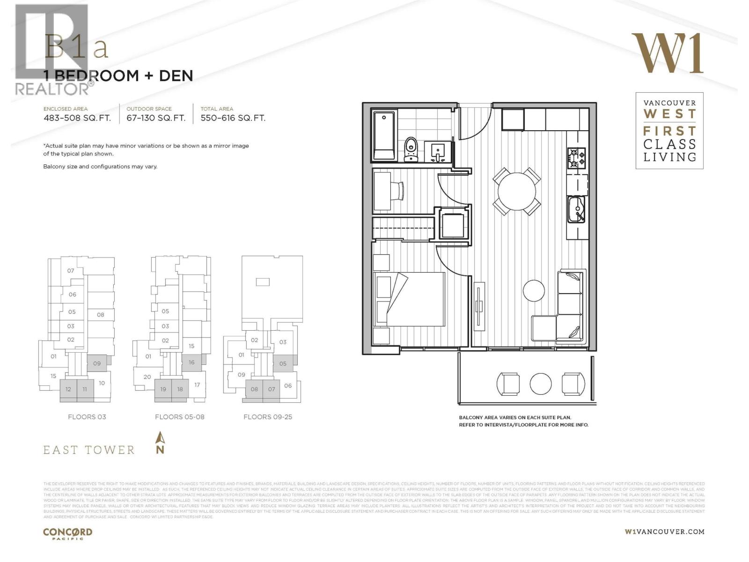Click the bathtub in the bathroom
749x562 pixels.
tap(384, 136)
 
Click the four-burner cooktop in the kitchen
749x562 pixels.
tap(577, 158)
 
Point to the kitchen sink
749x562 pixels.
tap(576, 210)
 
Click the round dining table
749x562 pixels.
tap(517, 192)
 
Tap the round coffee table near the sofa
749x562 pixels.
tap(534, 290)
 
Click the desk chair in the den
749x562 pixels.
tap(397, 191)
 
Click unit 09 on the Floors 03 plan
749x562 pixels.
tap(97, 363)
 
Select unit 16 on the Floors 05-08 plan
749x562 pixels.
tap(191, 362)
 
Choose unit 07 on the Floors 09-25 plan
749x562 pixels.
tap(272, 389)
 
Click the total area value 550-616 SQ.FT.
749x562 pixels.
tap(233, 118)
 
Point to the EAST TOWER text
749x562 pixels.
tap(89, 450)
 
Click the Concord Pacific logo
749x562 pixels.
tap(67, 533)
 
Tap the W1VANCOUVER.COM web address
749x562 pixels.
tap(664, 532)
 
